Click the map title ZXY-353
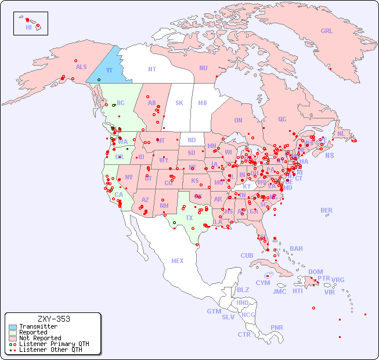tap(53, 319)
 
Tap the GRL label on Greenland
tap(327, 31)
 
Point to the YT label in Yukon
tap(109, 70)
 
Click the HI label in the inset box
tap(28, 27)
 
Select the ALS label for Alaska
tap(81, 67)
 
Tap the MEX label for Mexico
tap(178, 261)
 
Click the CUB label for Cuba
tap(247, 255)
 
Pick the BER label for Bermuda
tap(327, 210)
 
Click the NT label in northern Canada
tap(152, 69)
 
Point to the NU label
tap(203, 68)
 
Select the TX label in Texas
tap(189, 218)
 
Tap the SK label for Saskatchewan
tap(179, 103)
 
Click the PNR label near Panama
tap(277, 327)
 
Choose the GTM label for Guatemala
tap(214, 311)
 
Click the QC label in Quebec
tap(282, 119)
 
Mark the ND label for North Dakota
tap(192, 140)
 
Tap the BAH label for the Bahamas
tap(296, 249)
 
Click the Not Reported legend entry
tap(40, 338)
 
